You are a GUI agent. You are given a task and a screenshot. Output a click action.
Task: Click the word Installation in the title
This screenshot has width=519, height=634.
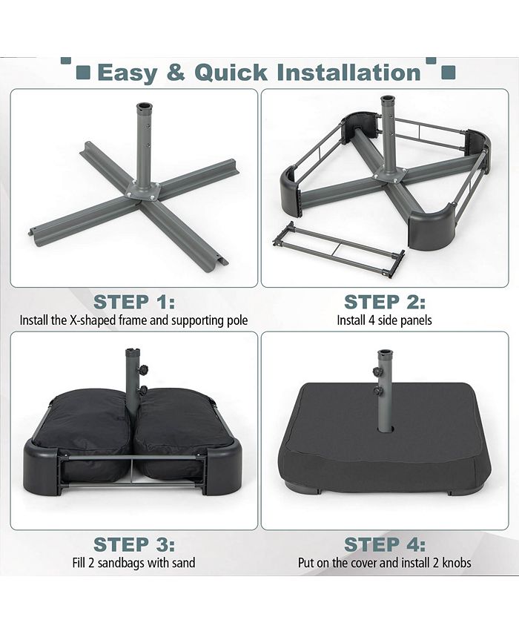tap(348, 73)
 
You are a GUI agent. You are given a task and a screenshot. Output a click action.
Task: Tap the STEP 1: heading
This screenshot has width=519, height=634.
tap(134, 303)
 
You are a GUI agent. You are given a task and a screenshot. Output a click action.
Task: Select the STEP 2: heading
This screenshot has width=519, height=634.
tap(384, 303)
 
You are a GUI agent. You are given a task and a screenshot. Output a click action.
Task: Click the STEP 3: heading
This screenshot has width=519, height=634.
tap(134, 545)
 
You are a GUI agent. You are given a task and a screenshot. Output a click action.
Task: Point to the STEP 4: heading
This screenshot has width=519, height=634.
tap(384, 545)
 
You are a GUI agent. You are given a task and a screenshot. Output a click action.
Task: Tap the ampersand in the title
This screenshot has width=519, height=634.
tap(172, 73)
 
